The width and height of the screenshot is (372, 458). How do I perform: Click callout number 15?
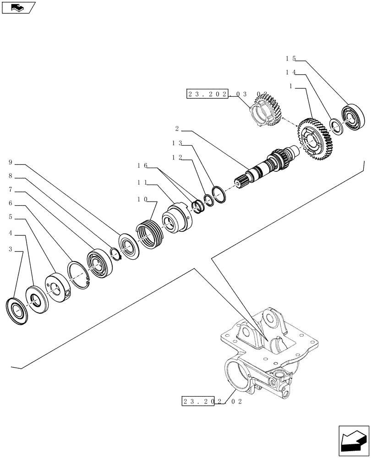[291, 59]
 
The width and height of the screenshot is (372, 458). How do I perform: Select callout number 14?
[291, 72]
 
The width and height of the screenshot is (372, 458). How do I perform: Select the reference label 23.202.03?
[207, 94]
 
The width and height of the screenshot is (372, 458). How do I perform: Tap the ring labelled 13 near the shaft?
[219, 194]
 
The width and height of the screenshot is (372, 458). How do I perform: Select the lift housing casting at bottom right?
[261, 357]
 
